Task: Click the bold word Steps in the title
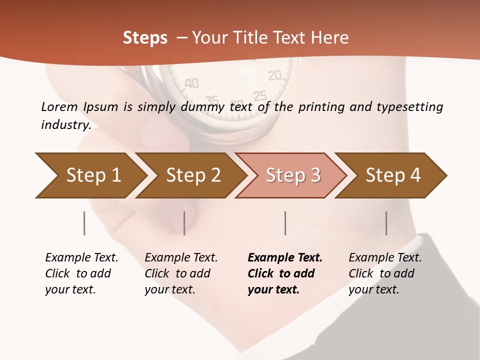point(145,38)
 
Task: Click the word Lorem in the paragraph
point(59,106)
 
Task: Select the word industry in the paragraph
point(65,125)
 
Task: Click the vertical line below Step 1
point(84,223)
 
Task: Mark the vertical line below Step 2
point(184,223)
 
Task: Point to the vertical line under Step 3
point(285,223)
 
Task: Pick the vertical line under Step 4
point(386,223)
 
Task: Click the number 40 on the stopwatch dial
point(191,83)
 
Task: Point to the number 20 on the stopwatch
point(275,76)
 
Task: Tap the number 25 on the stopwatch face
point(260,96)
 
